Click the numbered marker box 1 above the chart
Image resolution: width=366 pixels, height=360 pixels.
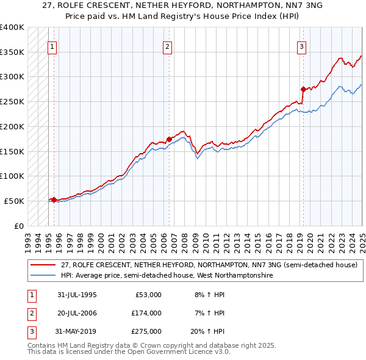click(52, 46)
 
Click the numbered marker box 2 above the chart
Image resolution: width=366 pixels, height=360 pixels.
click(167, 46)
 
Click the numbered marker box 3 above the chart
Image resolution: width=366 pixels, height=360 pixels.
click(301, 46)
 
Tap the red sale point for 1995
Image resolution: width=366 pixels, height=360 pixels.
click(54, 200)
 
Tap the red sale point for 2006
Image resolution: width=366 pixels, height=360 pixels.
click(169, 139)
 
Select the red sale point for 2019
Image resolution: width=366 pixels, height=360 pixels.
click(303, 89)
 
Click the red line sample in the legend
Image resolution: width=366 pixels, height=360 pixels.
click(43, 265)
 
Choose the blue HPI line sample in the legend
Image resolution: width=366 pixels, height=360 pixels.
click(43, 276)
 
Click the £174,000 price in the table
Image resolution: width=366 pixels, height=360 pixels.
click(146, 313)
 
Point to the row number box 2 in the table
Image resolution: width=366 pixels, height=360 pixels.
click(30, 313)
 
